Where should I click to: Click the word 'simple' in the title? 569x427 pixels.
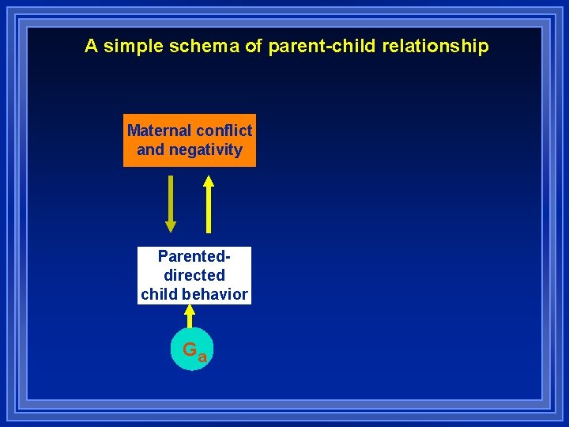[131, 47]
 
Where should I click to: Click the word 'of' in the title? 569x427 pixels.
[254, 47]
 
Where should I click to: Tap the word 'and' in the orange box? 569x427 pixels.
[150, 149]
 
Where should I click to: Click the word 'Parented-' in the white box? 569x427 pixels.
[194, 256]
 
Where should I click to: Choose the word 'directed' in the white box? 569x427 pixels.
[194, 275]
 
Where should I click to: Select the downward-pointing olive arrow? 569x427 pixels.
[171, 202]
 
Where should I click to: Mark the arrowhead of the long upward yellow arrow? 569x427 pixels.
[209, 179]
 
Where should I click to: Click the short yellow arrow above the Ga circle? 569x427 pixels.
[190, 317]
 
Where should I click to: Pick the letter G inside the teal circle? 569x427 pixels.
[190, 349]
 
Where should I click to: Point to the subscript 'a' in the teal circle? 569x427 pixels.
[202, 357]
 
